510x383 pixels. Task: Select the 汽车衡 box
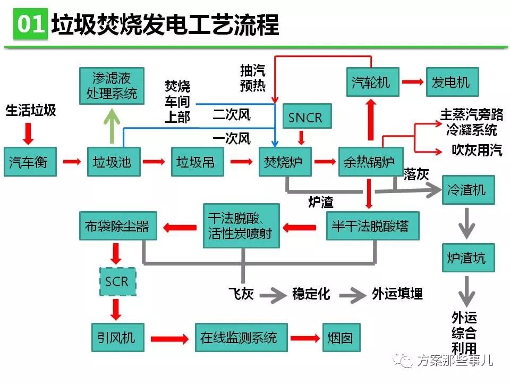[29, 161]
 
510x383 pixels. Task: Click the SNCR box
[305, 118]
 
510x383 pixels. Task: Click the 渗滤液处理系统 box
[112, 86]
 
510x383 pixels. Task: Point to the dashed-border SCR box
[116, 281]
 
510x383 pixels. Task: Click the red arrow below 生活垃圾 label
[29, 133]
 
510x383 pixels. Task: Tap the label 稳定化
[311, 294]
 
